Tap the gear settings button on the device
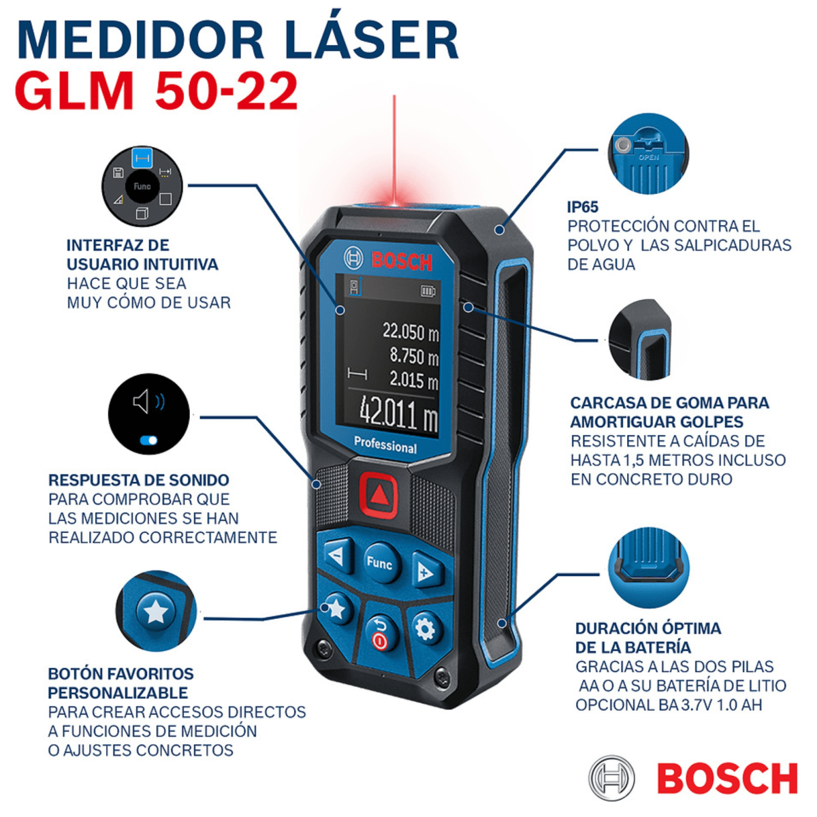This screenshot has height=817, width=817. (426, 629)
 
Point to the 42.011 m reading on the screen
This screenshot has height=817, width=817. (398, 412)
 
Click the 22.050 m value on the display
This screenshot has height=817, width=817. (410, 332)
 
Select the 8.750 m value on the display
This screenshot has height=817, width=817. (413, 356)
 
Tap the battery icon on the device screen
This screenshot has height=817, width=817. (428, 291)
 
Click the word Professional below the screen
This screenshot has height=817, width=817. (385, 445)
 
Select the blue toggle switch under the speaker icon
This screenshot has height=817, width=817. (148, 440)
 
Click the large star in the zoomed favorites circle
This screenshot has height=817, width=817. (156, 612)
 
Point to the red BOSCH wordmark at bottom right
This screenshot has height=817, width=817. (726, 778)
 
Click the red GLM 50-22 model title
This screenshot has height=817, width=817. (157, 91)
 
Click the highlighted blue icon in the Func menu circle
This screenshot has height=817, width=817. (142, 159)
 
